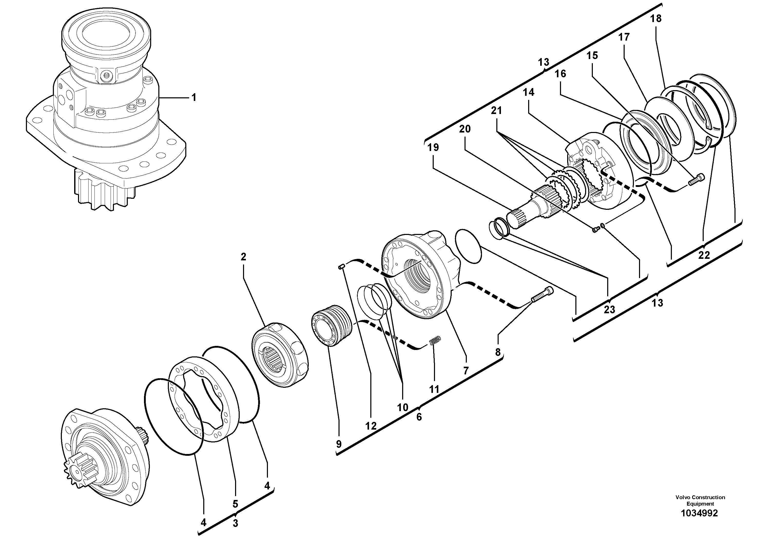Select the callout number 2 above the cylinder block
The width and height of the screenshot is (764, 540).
pyautogui.click(x=243, y=257)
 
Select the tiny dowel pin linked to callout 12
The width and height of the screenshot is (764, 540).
pyautogui.click(x=341, y=266)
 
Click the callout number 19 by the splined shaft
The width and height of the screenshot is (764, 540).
pyautogui.click(x=433, y=147)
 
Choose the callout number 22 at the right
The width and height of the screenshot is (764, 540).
pyautogui.click(x=704, y=255)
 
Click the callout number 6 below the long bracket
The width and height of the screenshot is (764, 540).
pyautogui.click(x=419, y=416)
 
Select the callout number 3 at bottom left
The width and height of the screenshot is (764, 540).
pyautogui.click(x=235, y=523)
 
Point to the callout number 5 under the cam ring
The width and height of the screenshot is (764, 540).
pyautogui.click(x=235, y=503)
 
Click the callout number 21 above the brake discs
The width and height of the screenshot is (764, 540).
pyautogui.click(x=496, y=110)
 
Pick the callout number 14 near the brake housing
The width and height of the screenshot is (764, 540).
pyautogui.click(x=528, y=92)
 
